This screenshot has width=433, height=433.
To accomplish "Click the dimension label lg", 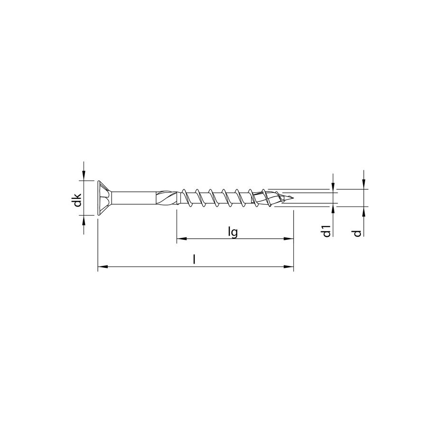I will coord(233,232).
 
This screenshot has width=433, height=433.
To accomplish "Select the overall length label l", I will coord(194,260).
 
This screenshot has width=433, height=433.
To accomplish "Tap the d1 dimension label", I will coord(326,232).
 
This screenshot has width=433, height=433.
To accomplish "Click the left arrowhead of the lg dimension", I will coord(180,239).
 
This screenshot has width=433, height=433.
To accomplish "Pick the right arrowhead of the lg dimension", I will coord(289,239).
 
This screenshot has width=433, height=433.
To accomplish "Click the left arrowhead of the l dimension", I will coord(102,267).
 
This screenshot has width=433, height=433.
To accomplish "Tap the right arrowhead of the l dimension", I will coord(289,267).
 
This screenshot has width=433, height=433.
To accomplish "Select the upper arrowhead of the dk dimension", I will coord(84,177).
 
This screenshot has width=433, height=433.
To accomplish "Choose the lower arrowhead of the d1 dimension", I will coord(333,207).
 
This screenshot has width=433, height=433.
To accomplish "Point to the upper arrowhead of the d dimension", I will coord(364,185).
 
